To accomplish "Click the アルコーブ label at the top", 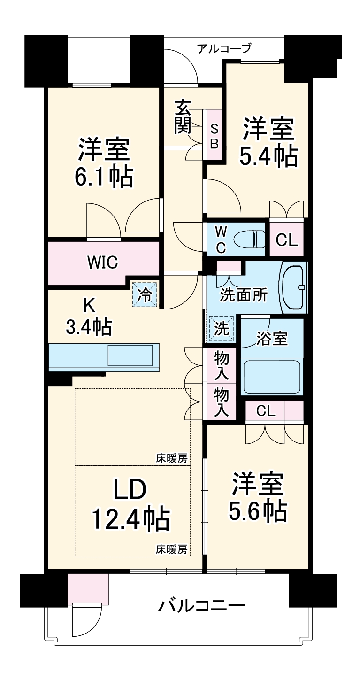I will tap(224, 48).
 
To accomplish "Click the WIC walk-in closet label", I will tap(102, 262).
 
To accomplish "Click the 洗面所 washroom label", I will tap(244, 295).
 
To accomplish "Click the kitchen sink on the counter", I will tap(130, 356).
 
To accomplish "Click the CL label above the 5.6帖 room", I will tap(266, 411).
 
